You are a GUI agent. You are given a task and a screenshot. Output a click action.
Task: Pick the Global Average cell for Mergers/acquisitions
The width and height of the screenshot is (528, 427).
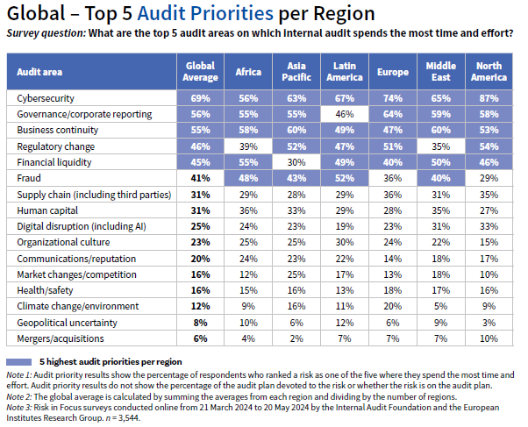[x=202, y=338]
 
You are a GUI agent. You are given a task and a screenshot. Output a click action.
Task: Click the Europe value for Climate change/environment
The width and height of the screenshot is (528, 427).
[x=391, y=305]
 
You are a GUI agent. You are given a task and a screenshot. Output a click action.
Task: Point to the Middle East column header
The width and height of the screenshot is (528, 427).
[x=440, y=71]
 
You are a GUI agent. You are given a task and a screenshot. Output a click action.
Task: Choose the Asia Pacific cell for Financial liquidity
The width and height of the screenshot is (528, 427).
[x=296, y=161]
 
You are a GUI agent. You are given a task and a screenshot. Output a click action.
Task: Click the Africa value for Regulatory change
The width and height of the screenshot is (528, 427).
[x=249, y=146]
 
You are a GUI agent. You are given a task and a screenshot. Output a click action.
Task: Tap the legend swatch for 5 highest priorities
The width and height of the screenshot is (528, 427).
[x=18, y=361]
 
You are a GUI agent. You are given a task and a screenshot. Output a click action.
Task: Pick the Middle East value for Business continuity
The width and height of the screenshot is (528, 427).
[x=440, y=130]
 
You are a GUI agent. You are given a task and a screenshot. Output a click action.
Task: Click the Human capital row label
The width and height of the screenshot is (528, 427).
[x=44, y=210]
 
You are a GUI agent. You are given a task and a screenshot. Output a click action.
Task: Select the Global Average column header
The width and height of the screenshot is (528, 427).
[x=202, y=71]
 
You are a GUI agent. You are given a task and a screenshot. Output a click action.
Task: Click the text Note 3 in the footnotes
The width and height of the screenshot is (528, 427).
[x=20, y=408]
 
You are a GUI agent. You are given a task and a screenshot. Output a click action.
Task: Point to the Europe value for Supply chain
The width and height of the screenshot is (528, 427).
[x=391, y=194]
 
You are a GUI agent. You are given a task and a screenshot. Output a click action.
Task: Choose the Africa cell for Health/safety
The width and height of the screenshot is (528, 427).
[x=249, y=289]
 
